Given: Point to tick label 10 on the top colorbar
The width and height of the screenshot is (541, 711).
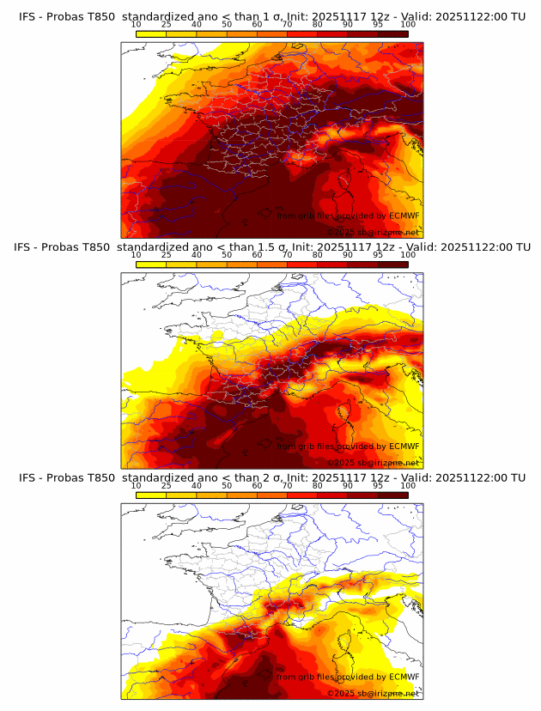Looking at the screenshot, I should pyautogui.click(x=137, y=25).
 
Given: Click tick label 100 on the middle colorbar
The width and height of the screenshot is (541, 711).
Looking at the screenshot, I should pyautogui.click(x=408, y=255).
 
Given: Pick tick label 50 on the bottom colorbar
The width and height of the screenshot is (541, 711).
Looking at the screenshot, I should pyautogui.click(x=227, y=485).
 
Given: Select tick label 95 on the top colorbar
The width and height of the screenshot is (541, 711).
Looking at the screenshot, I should pyautogui.click(x=378, y=25).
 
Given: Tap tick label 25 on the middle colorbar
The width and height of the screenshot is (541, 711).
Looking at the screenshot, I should pyautogui.click(x=167, y=255).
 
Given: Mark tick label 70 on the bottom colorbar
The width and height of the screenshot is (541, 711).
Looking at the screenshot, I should pyautogui.click(x=287, y=485).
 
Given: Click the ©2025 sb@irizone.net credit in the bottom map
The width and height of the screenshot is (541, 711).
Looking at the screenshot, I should pyautogui.click(x=372, y=693).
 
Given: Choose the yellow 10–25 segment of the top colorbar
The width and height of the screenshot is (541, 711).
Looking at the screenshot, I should pyautogui.click(x=151, y=33).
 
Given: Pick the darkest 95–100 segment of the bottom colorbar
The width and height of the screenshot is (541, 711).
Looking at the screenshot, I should pyautogui.click(x=393, y=494).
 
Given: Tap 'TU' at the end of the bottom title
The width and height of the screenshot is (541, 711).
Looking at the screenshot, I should pyautogui.click(x=517, y=477).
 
